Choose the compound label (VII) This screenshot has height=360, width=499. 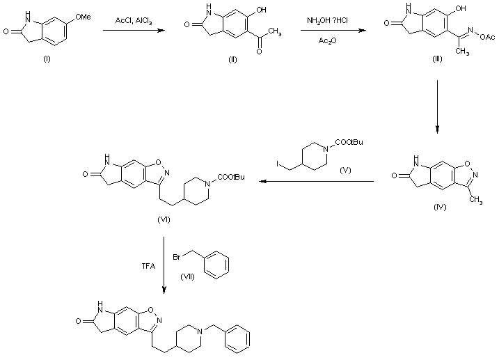(187, 276)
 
